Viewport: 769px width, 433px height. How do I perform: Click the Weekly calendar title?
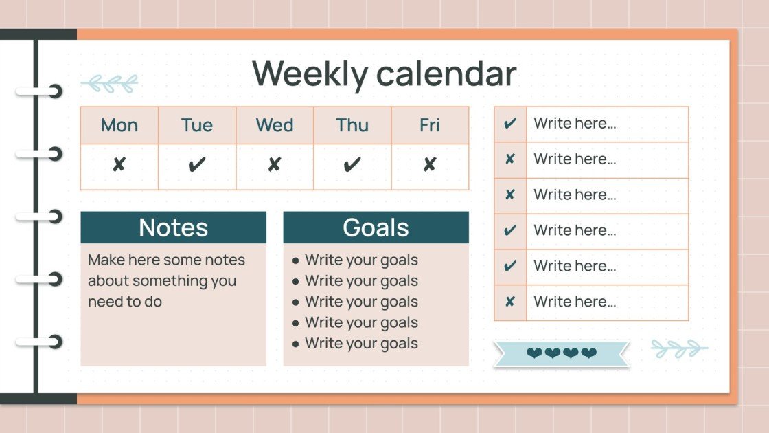click(384, 74)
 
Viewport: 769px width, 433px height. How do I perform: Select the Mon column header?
click(119, 125)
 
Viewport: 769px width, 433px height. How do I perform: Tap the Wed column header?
click(275, 125)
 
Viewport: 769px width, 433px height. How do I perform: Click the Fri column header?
click(430, 125)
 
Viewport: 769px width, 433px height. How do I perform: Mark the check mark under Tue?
click(197, 165)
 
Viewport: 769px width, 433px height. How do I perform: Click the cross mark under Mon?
click(119, 165)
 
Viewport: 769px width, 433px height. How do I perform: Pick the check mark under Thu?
click(352, 165)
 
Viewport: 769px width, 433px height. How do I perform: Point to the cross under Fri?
click(430, 165)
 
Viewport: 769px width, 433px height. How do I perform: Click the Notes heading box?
click(173, 227)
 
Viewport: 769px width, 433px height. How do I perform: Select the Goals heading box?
click(376, 227)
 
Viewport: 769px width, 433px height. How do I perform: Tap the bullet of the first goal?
click(295, 260)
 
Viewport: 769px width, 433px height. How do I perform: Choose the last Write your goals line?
click(361, 343)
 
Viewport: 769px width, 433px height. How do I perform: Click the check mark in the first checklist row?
click(510, 124)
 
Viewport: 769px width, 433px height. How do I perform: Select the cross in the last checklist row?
click(510, 302)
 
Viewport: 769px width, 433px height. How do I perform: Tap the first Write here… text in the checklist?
click(575, 124)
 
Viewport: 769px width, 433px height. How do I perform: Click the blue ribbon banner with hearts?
click(561, 353)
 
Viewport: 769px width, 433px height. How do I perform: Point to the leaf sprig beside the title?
click(110, 84)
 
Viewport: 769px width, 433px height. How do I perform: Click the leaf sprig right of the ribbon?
click(678, 348)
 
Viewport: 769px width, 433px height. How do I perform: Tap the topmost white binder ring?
click(41, 91)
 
